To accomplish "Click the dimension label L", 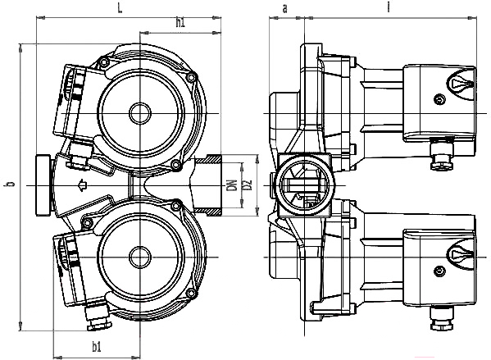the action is pyautogui.click(x=120, y=8).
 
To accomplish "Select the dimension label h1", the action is pyautogui.click(x=180, y=23).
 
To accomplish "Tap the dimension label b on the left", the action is pyautogui.click(x=11, y=184).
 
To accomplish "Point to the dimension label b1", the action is pyautogui.click(x=97, y=347).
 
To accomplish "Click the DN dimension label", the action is pyautogui.click(x=232, y=185).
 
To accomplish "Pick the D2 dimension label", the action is pyautogui.click(x=248, y=185).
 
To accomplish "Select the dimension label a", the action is pyautogui.click(x=284, y=9).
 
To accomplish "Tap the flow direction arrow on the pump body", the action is pyautogui.click(x=82, y=185).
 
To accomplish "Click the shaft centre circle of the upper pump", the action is pyautogui.click(x=140, y=113).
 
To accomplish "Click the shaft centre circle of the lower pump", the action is pyautogui.click(x=140, y=257).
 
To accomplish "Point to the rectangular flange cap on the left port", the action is pyautogui.click(x=43, y=185).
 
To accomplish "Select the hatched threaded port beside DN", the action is pyautogui.click(x=207, y=185).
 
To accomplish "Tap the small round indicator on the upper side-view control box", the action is pyautogui.click(x=439, y=100).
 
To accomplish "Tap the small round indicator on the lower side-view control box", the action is pyautogui.click(x=439, y=271).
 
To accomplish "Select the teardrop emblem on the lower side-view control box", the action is pyautogui.click(x=461, y=253).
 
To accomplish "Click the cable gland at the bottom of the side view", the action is pyautogui.click(x=442, y=318).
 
